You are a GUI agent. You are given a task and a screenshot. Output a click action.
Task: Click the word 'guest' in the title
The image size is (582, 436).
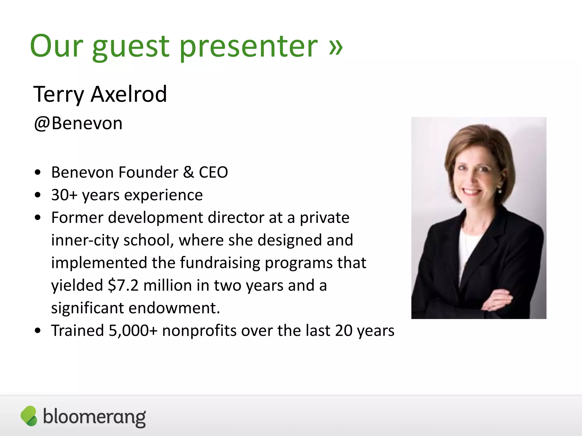point(131,47)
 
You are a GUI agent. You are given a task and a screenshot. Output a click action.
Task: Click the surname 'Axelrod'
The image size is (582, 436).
point(128,94)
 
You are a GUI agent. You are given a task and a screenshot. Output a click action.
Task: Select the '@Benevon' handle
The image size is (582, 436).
point(78,123)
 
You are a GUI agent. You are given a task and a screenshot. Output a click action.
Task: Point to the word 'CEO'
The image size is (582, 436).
point(213,172)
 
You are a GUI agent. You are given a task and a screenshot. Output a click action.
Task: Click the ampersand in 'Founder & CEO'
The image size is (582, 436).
point(188,172)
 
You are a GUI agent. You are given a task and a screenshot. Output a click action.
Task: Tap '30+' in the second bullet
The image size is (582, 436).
point(64,195)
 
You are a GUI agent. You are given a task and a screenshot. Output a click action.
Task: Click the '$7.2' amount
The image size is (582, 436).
point(123,285)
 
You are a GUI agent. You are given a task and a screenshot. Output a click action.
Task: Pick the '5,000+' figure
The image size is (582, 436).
point(133,330)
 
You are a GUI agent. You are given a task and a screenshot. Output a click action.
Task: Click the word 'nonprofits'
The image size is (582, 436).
point(199,330)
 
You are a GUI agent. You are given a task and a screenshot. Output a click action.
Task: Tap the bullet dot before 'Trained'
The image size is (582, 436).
point(38,331)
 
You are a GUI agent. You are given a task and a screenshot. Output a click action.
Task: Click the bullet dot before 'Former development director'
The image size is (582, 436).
point(38,218)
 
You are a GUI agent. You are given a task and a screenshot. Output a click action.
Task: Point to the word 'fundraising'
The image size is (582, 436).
point(220,263)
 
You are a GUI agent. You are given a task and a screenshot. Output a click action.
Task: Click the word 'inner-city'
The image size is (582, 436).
point(85,240)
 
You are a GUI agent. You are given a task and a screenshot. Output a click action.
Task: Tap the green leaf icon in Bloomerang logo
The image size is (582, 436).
point(29,416)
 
